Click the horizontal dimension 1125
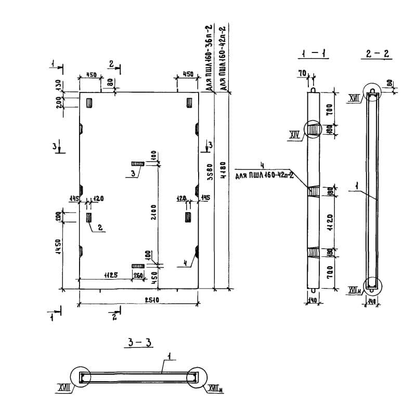(108, 275)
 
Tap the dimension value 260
(138, 275)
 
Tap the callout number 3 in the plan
(133, 173)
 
